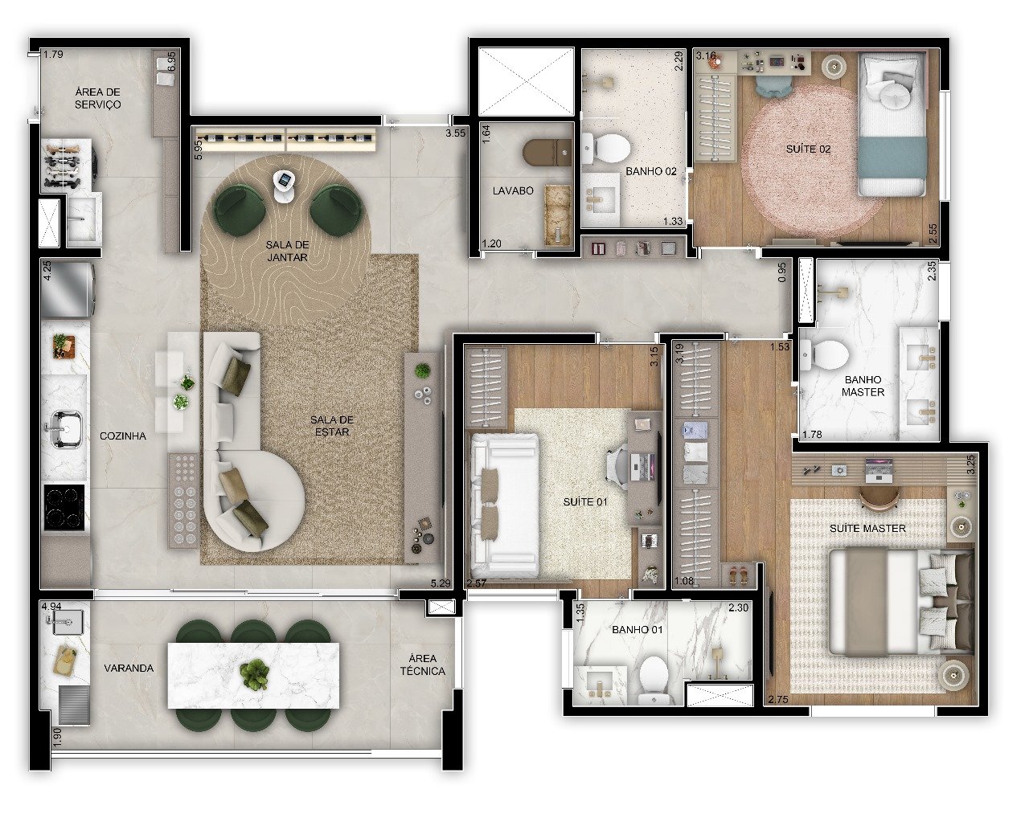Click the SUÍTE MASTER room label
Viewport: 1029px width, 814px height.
coord(867,528)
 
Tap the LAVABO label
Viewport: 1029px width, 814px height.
coord(513,190)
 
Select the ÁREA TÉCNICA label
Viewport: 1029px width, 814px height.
coord(423,665)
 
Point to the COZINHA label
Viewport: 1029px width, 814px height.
coord(123,436)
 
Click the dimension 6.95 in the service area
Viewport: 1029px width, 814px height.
coord(172,62)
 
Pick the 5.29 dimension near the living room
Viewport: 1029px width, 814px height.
coord(441,583)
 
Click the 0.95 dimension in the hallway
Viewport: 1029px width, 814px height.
coord(781,272)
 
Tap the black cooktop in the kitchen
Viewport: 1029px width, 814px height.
coord(64,508)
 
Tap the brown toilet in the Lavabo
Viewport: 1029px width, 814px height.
coord(547,153)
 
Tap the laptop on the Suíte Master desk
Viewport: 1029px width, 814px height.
coord(879,469)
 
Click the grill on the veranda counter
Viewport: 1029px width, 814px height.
coord(74,705)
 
